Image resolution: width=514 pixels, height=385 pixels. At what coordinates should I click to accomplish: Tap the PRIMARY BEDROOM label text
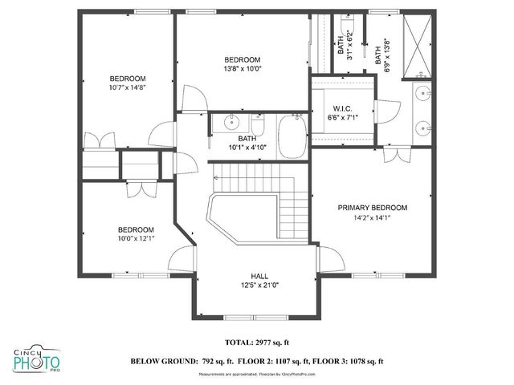372,208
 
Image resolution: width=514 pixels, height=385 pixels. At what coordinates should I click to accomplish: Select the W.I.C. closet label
343,109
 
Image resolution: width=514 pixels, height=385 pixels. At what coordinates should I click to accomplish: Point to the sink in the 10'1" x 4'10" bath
230,124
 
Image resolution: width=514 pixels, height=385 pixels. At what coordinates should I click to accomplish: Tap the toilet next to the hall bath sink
258,124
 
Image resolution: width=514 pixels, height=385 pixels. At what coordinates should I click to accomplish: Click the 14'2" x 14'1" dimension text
372,217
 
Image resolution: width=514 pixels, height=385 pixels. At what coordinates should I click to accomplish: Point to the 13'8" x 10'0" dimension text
242,70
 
